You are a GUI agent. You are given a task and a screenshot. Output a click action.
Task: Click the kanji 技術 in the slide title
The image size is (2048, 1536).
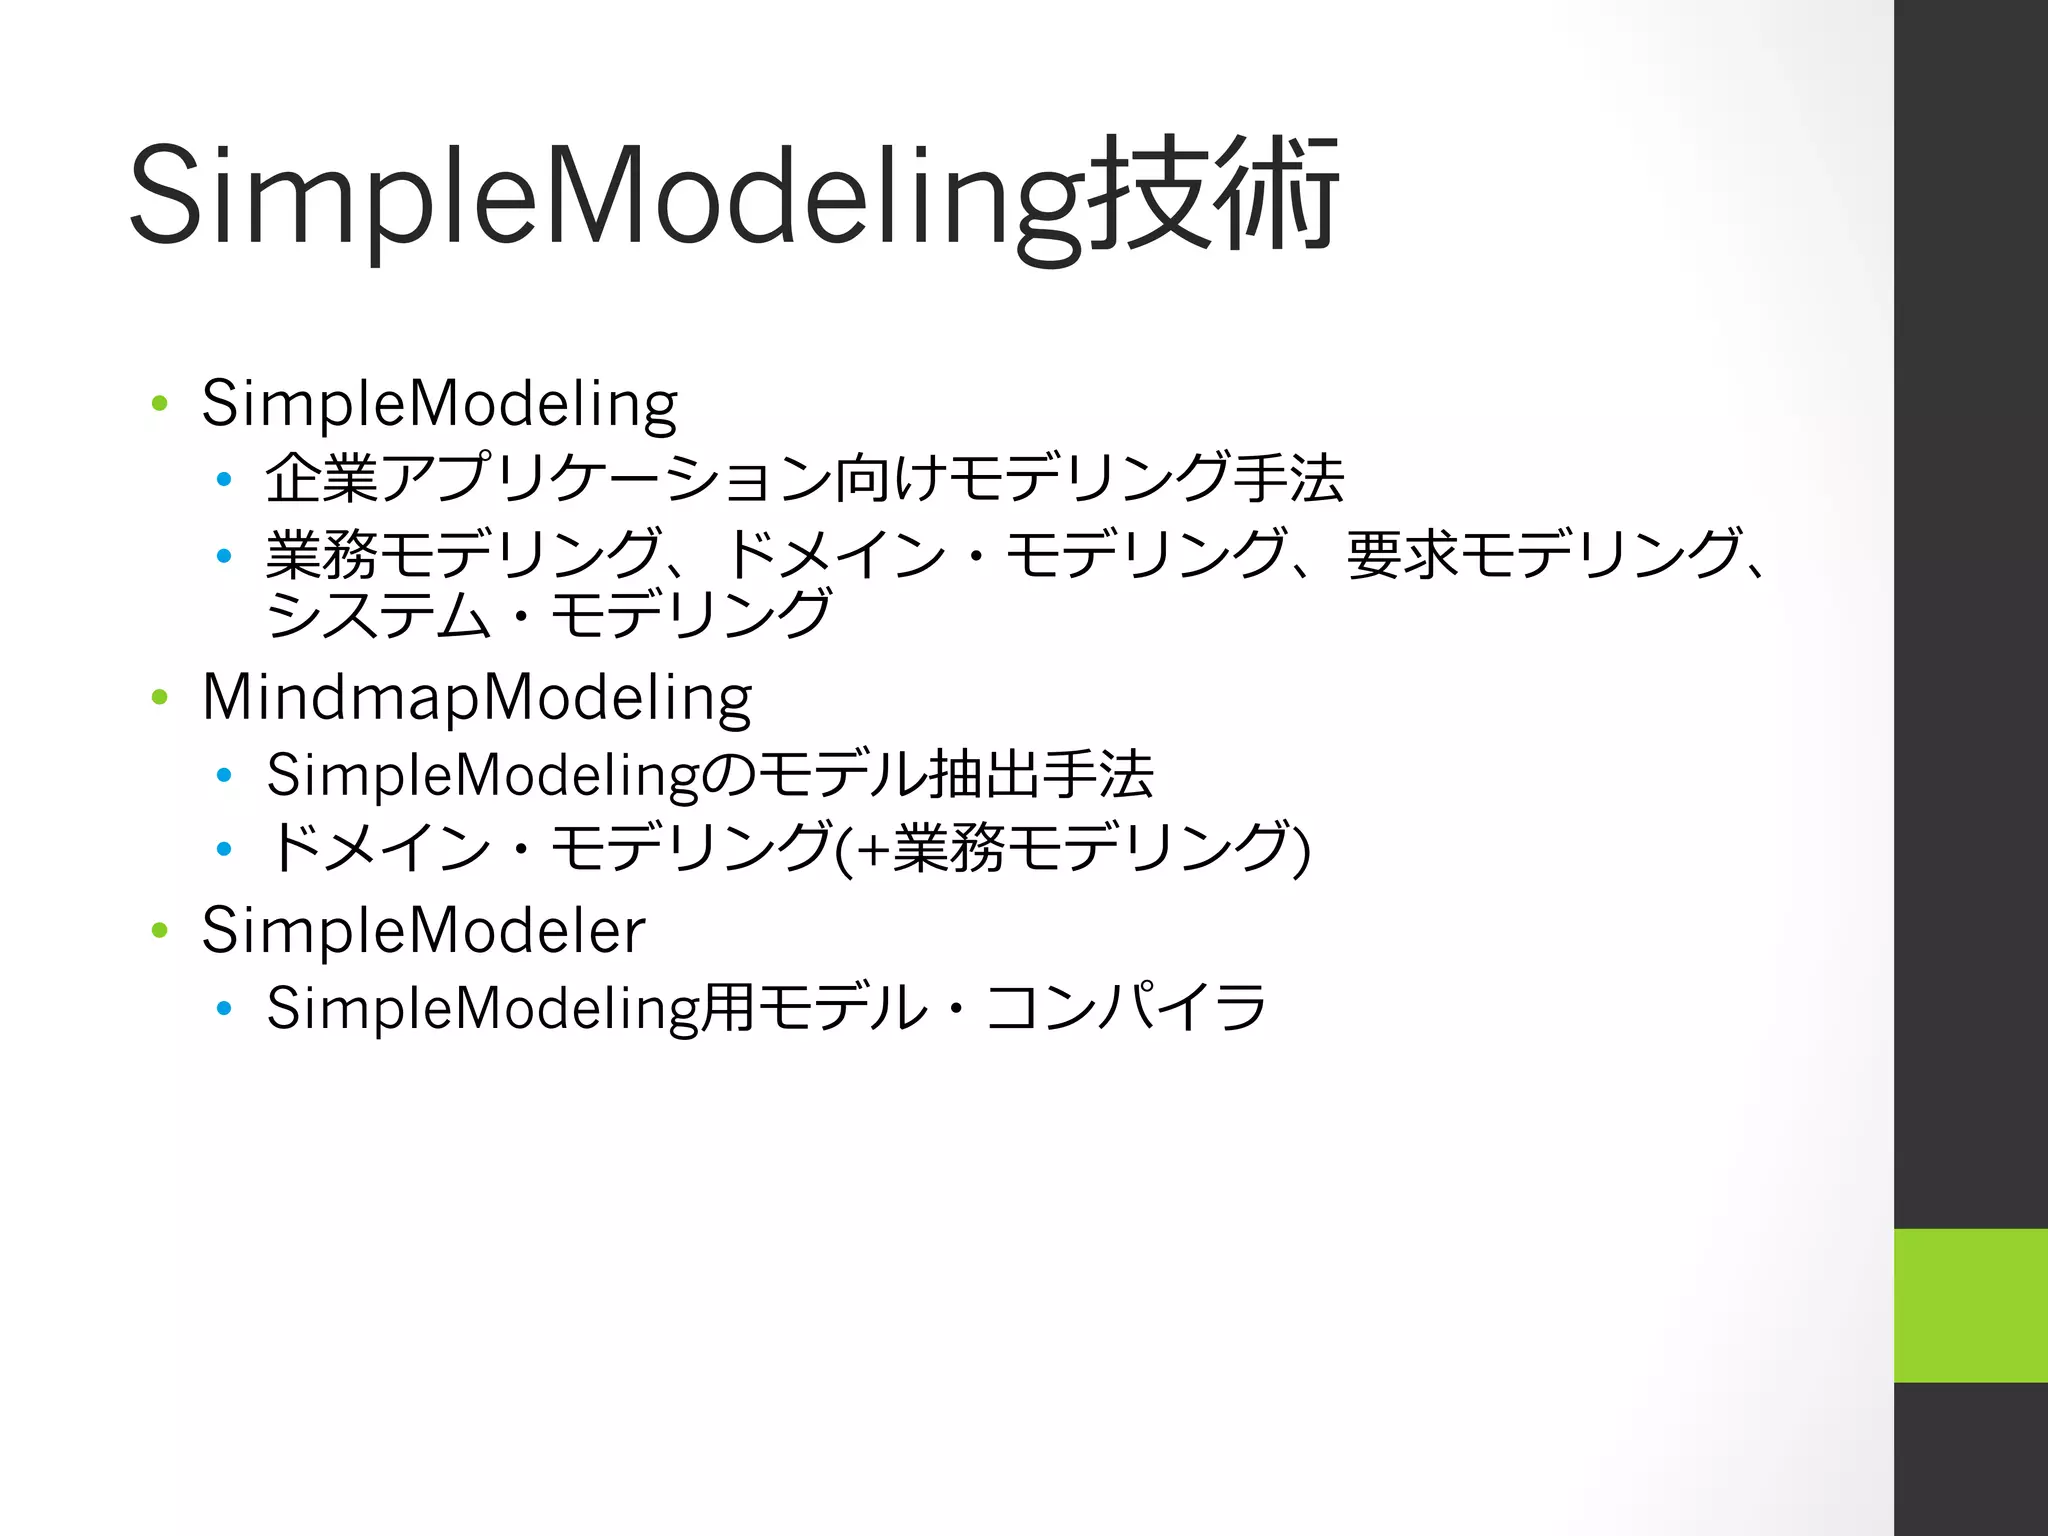1212,195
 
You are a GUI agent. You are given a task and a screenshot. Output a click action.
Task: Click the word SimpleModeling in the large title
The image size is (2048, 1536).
605,195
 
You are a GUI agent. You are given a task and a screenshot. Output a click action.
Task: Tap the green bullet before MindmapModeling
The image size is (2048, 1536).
159,697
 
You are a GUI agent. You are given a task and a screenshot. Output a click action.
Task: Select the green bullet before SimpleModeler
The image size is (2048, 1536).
159,930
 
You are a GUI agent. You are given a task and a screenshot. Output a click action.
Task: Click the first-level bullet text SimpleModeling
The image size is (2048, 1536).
439,404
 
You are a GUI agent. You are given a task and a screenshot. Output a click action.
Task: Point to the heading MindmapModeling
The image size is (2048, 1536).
476,697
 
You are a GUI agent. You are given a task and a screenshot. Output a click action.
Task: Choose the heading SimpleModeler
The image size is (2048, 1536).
423,930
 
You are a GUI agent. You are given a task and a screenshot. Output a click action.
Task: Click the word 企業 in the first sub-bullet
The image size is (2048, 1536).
322,478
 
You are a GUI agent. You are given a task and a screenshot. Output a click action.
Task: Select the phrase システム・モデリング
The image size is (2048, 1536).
548,614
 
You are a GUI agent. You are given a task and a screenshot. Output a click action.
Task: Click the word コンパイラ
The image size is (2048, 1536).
1126,1007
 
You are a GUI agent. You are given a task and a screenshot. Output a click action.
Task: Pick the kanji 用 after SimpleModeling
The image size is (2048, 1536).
727,1007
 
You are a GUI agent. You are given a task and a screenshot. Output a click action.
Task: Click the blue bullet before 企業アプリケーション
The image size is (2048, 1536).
224,480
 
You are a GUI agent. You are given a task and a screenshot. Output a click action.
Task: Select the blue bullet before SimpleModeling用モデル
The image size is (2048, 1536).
224,1008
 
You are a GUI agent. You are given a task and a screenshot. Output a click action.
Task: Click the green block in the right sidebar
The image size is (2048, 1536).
1970,1305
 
